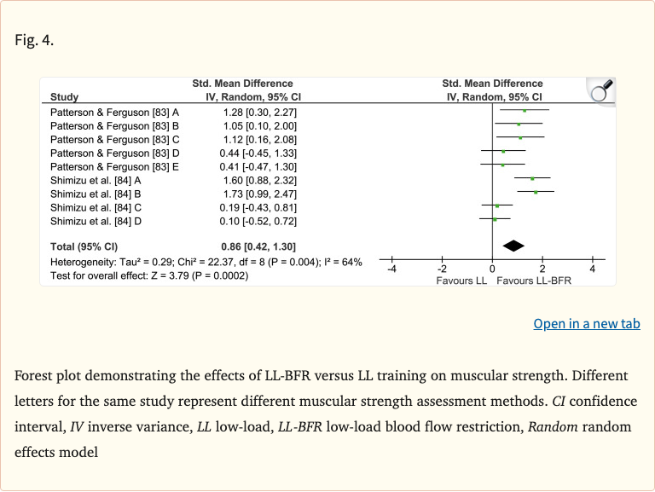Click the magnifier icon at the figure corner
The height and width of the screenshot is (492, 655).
[x=600, y=90]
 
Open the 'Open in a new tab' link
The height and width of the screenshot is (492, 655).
[x=586, y=324]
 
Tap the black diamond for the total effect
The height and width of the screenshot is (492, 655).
[x=513, y=246]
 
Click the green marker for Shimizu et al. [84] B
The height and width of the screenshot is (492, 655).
[x=536, y=193]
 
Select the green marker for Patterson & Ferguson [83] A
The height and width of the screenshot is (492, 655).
[x=525, y=111]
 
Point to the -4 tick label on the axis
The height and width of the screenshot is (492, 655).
[x=391, y=269]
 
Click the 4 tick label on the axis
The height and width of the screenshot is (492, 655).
[x=593, y=269]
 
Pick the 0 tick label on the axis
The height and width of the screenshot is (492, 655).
[x=493, y=269]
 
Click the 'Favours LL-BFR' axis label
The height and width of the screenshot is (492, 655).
[x=534, y=281]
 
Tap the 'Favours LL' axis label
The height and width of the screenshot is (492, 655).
[x=461, y=281]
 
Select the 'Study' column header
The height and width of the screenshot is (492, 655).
[x=65, y=97]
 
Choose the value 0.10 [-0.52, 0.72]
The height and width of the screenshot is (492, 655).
[x=260, y=221]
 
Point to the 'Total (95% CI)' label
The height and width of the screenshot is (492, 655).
[x=86, y=246]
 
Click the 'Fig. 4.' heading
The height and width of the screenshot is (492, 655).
[x=34, y=39]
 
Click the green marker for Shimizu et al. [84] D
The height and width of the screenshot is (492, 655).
[x=495, y=220]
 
